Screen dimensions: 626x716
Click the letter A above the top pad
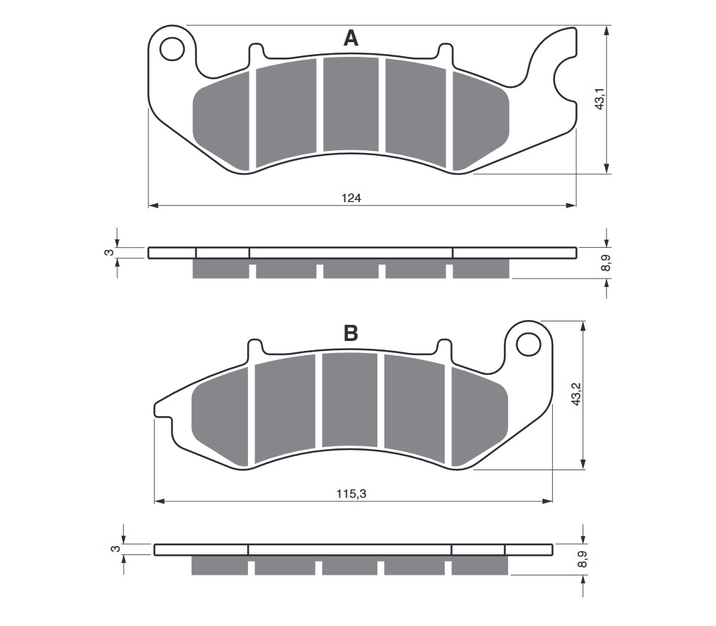click(351, 39)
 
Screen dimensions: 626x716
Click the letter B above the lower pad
click(351, 334)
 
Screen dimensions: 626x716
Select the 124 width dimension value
click(351, 199)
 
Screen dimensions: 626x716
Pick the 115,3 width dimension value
click(352, 494)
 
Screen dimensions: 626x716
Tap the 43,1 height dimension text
click(599, 99)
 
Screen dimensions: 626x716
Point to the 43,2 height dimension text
click(576, 394)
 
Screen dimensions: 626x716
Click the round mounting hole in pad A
click(169, 49)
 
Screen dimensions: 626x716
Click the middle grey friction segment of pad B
click(350, 400)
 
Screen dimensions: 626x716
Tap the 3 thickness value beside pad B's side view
click(115, 549)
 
